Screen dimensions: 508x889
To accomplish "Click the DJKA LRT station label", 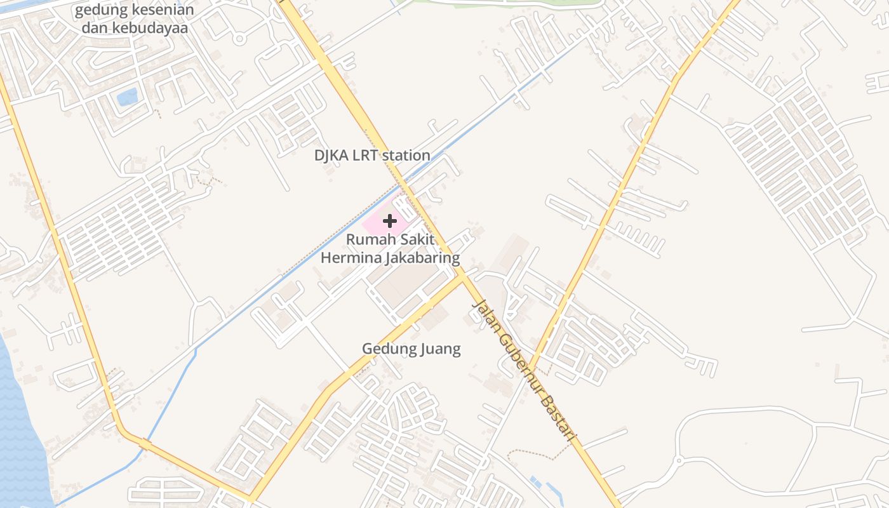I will (x=372, y=155).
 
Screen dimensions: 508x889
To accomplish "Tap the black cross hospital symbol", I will (x=390, y=221).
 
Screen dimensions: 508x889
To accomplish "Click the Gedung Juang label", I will (x=411, y=349).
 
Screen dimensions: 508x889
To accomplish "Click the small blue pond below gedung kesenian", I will (x=127, y=97).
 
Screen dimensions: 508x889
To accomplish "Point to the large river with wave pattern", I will (x=19, y=432).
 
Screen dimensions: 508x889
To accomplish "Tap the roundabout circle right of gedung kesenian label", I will (x=239, y=39).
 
